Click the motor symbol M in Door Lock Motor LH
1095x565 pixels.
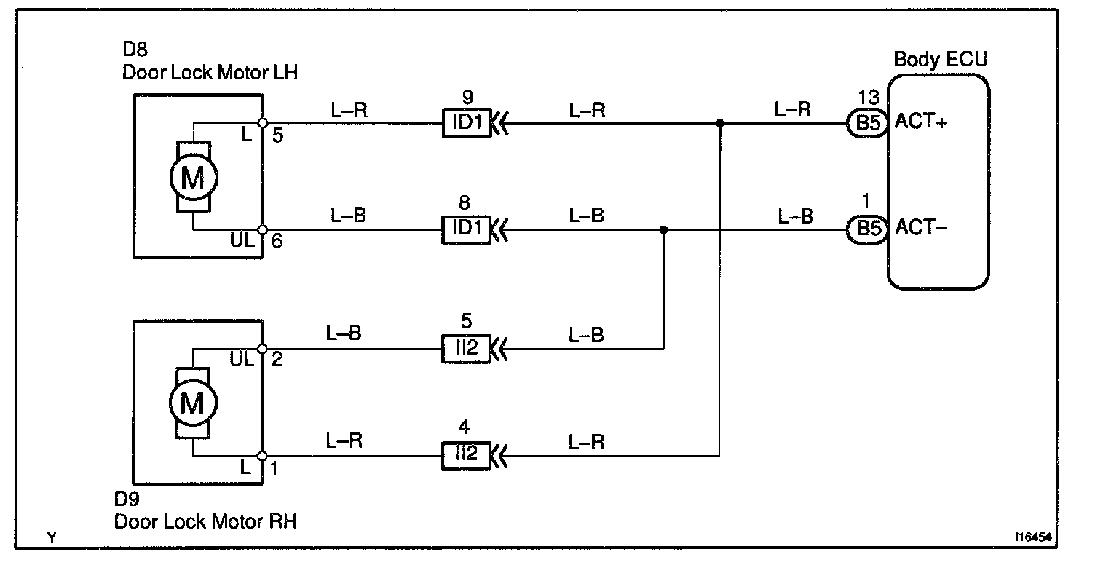193,178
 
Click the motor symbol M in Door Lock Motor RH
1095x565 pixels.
193,403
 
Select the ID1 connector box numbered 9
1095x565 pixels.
467,122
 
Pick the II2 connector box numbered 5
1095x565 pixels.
467,348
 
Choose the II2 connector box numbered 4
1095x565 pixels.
467,456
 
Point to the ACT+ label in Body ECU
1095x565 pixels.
921,122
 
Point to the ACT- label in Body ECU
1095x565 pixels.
920,228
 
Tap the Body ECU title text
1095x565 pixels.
940,59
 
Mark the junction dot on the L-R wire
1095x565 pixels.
719,123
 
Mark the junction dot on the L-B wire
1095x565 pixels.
663,230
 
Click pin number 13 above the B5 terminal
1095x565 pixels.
869,98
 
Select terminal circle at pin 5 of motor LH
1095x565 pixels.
262,123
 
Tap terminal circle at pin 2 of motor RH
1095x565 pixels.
262,349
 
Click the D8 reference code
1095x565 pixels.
135,51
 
